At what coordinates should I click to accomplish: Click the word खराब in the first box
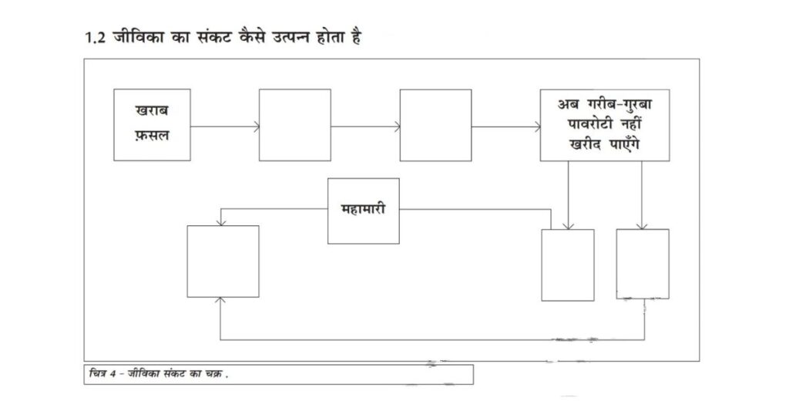[152, 110]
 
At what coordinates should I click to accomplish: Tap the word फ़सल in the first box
[152, 135]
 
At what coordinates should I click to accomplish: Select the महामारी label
[364, 208]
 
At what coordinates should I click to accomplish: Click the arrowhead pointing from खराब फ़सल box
[257, 127]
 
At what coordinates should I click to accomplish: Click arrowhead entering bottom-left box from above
[220, 223]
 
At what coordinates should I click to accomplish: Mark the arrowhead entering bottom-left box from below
[220, 300]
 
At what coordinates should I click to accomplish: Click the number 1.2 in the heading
[95, 38]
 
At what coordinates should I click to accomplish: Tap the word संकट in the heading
[212, 38]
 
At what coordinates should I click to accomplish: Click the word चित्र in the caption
[98, 373]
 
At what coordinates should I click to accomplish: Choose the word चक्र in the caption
[214, 374]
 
